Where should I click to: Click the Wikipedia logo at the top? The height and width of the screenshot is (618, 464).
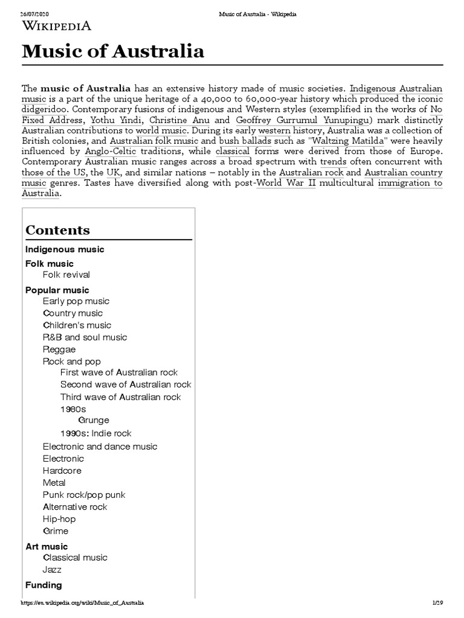click(x=57, y=25)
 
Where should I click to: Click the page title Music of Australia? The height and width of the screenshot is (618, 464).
click(x=113, y=51)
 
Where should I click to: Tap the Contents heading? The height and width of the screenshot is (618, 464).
click(x=57, y=230)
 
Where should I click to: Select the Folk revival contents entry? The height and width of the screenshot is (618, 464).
click(x=66, y=275)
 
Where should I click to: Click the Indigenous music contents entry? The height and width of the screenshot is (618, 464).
click(x=65, y=249)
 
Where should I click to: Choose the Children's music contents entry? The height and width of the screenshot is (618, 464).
click(x=77, y=325)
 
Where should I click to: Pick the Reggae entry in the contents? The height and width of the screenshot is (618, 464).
click(x=59, y=349)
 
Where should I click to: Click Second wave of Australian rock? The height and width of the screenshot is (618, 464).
click(x=126, y=384)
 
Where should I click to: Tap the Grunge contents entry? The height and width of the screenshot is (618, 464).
click(x=94, y=420)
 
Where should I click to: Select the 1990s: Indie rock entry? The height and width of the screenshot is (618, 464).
click(x=95, y=433)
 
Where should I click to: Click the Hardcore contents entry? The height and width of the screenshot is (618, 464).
click(x=62, y=471)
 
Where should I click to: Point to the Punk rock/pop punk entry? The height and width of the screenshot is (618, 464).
click(x=84, y=495)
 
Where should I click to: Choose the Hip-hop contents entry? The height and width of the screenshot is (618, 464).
click(x=59, y=519)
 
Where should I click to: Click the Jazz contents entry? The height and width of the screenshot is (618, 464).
click(x=52, y=570)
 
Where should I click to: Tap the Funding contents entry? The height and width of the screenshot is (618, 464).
click(x=43, y=585)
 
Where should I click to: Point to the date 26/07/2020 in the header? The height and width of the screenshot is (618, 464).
click(x=34, y=14)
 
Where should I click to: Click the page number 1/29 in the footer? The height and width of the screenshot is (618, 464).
click(x=437, y=603)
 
